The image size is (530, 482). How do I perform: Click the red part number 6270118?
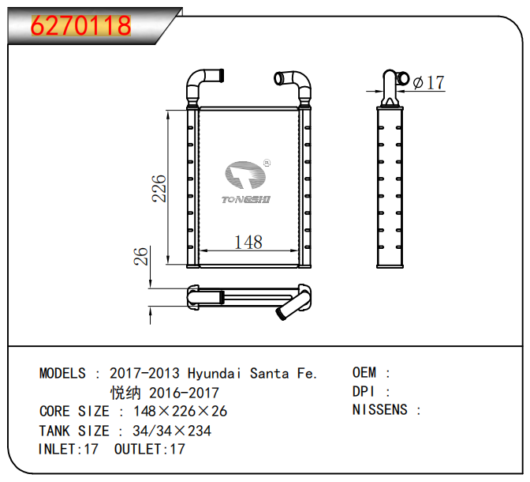[x=80, y=26]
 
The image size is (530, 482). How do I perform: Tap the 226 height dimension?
[x=159, y=188]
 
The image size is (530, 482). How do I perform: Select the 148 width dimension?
[x=248, y=243]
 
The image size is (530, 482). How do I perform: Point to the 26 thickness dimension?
[x=141, y=257]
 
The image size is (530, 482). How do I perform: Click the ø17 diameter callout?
[x=428, y=82]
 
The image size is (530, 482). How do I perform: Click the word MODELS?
[x=62, y=373]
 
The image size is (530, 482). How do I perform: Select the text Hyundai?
[x=215, y=373]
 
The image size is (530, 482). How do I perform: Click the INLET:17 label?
[x=69, y=449]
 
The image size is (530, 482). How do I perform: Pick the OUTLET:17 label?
[x=149, y=449]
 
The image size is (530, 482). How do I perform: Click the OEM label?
[x=364, y=372]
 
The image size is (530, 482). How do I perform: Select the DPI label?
[x=362, y=391]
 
